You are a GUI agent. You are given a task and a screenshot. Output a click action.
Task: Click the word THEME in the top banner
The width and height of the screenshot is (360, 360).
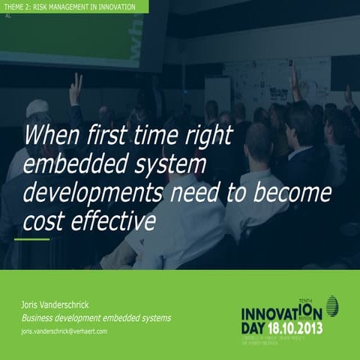pyautogui.click(x=13, y=6)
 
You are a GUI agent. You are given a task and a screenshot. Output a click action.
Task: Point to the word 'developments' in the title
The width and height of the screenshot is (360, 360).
pyautogui.click(x=92, y=193)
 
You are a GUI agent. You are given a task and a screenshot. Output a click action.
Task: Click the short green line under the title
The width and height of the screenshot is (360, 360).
pyautogui.click(x=31, y=240)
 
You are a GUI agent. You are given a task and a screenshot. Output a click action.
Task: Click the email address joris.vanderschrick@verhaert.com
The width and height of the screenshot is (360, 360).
pyautogui.click(x=64, y=331)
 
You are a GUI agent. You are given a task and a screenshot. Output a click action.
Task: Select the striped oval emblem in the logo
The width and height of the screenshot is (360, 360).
pyautogui.click(x=331, y=306)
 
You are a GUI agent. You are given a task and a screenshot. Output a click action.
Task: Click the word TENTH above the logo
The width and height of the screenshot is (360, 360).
pyautogui.click(x=308, y=298)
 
